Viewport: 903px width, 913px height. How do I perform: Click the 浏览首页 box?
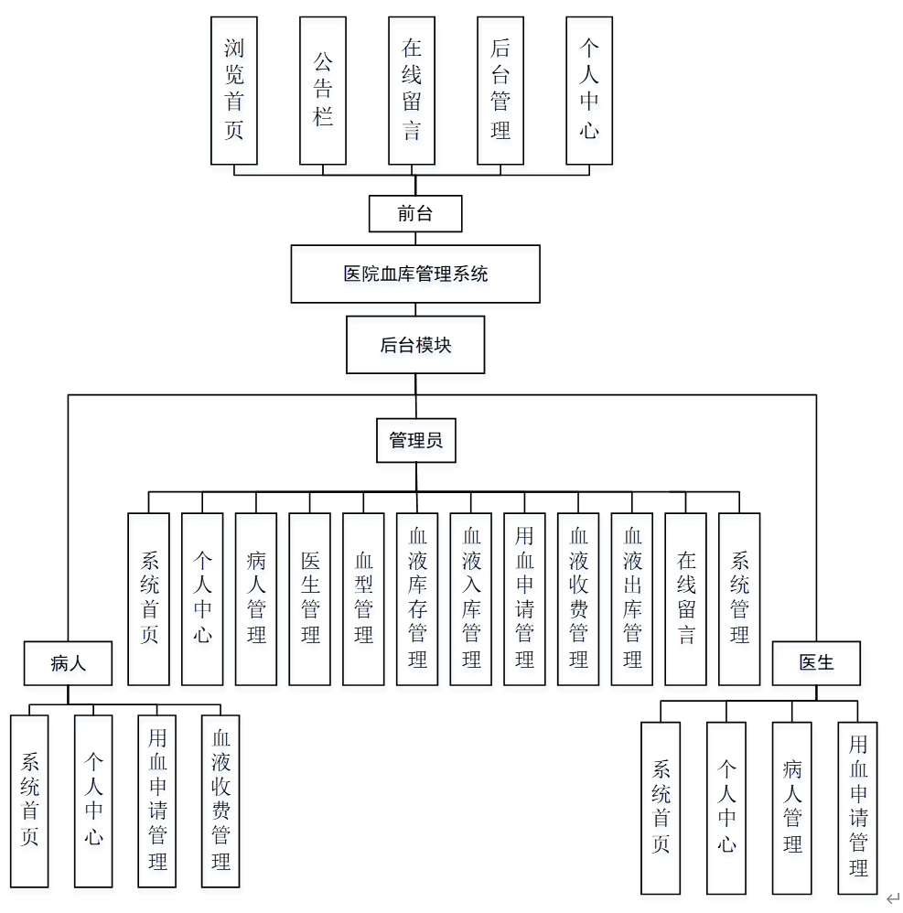[x=233, y=90]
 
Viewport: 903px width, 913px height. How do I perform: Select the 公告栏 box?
[x=323, y=90]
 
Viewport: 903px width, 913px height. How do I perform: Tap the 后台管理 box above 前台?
[x=500, y=90]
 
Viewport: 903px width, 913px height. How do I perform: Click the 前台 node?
[x=415, y=214]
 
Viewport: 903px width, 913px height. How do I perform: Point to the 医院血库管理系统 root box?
[x=415, y=274]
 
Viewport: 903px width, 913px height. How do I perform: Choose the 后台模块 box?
[x=415, y=345]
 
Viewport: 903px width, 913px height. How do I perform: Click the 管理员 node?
[x=415, y=440]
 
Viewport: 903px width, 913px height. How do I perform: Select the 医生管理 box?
[x=310, y=598]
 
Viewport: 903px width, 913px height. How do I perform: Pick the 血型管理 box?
[x=363, y=598]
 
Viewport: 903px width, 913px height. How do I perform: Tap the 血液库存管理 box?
[x=417, y=598]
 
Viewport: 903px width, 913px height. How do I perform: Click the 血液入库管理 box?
[x=471, y=598]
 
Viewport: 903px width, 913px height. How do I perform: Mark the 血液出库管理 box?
[x=632, y=598]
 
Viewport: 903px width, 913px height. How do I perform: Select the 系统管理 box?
[x=739, y=598]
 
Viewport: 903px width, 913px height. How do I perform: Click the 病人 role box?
[x=68, y=663]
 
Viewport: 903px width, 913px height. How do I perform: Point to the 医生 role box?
[x=816, y=663]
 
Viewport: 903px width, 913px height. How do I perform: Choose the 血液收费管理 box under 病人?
[x=220, y=800]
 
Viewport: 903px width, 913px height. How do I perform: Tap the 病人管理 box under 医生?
[x=792, y=807]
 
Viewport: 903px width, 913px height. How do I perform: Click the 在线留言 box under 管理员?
[x=686, y=598]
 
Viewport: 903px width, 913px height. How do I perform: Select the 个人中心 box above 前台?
[x=589, y=90]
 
